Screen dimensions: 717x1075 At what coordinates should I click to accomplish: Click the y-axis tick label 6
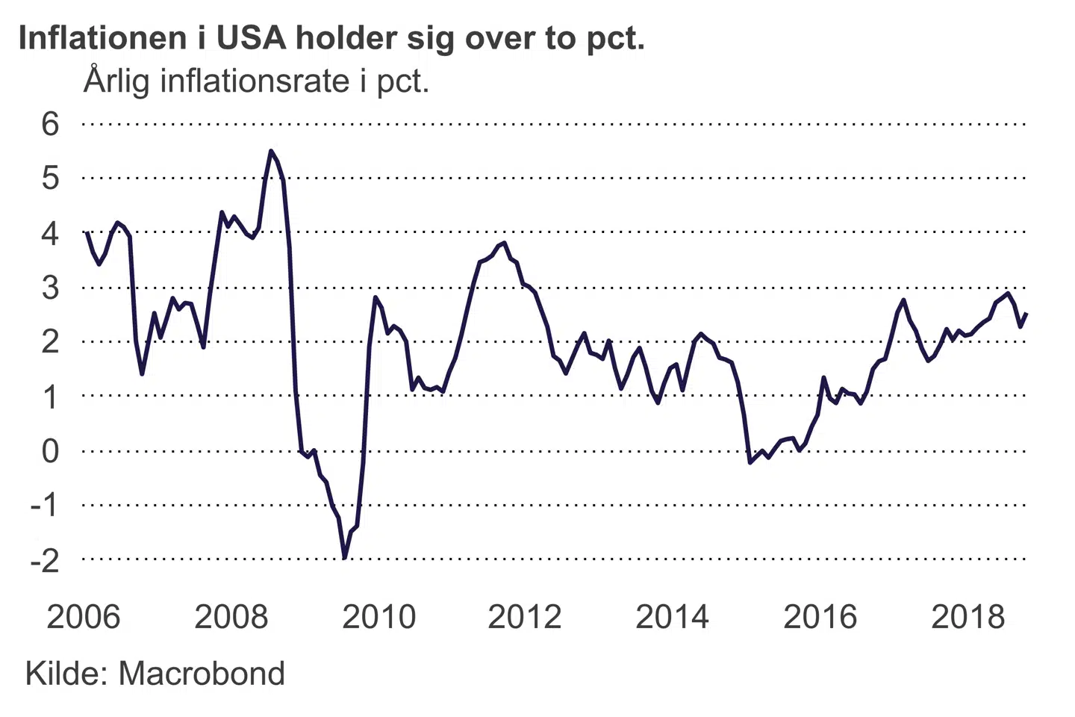point(50,124)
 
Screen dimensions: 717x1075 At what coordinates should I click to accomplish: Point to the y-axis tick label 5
point(50,179)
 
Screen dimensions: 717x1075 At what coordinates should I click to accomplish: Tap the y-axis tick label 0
point(50,451)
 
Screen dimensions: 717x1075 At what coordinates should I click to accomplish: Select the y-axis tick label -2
point(44,560)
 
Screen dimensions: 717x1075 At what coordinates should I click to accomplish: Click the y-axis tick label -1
point(44,506)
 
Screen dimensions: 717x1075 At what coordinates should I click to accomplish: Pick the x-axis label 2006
point(83,617)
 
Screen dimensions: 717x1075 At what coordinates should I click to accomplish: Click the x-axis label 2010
point(378,617)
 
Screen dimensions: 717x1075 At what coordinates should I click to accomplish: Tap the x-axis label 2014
point(672,617)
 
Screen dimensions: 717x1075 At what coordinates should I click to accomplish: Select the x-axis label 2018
point(968,617)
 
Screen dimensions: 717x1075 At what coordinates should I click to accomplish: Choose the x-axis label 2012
point(524,617)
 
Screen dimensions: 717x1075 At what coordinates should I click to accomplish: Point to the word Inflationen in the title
point(102,38)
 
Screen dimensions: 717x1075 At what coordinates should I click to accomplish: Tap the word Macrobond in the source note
point(202,674)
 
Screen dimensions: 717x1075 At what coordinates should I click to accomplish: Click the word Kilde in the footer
point(66,674)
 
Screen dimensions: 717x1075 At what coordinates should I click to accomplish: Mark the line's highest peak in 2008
point(271,151)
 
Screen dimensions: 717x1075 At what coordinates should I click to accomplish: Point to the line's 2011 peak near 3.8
point(505,243)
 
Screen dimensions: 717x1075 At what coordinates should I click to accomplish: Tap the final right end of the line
point(1026,314)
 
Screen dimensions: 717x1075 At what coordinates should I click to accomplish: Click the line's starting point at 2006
point(87,232)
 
